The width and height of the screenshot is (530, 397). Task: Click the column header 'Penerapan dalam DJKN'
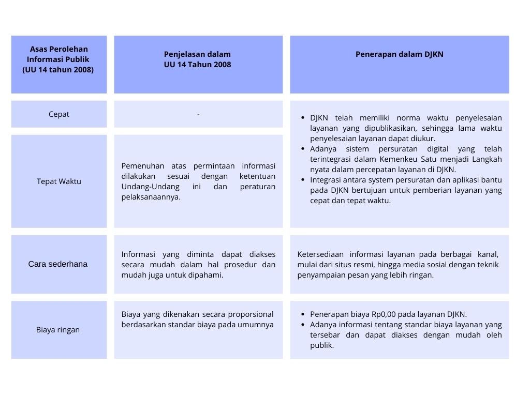399,54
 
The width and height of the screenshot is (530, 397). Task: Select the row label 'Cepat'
58,114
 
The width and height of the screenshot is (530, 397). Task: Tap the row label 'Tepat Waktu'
58,181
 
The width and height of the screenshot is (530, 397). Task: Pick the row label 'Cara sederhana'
58,264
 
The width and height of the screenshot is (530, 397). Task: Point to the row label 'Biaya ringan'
58,330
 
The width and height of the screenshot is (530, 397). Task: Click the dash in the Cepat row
198,114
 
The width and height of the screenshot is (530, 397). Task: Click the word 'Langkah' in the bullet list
484,159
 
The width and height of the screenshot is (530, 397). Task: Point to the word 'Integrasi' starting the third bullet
326,180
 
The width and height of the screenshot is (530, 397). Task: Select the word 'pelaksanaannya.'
151,197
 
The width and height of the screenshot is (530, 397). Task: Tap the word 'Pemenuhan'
143,166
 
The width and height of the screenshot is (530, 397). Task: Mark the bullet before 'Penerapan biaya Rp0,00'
303,314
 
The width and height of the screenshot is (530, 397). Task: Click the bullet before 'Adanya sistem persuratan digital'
303,149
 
